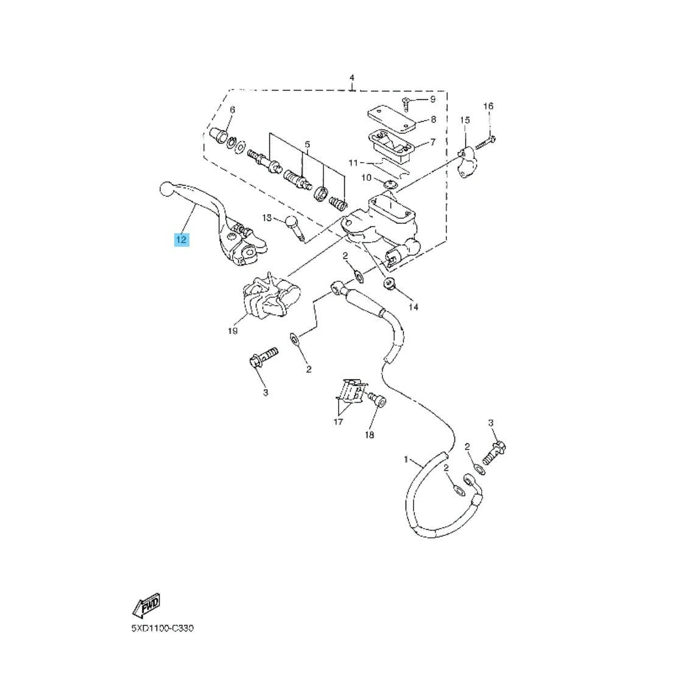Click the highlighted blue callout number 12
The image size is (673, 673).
(181, 239)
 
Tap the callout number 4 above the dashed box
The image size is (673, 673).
(352, 78)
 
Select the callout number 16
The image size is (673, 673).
(488, 106)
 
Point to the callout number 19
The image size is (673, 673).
(233, 331)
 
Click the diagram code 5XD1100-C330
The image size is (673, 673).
(163, 629)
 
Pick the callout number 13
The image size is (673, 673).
(267, 218)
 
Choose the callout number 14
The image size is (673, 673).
(413, 307)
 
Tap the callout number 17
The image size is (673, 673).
(338, 422)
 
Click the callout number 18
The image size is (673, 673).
(370, 435)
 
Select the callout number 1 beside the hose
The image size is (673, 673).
(406, 460)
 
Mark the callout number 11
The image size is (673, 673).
(353, 163)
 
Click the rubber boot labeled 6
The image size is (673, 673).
(221, 135)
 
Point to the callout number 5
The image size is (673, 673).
(308, 144)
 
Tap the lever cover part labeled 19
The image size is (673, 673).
(270, 295)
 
